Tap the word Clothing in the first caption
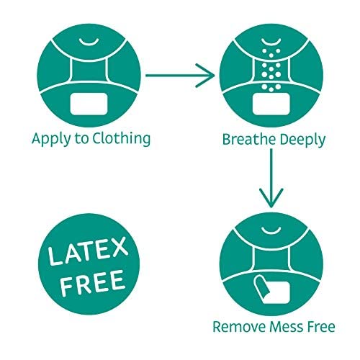click(122, 139)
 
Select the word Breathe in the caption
click(249, 139)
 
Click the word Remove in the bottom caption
click(239, 327)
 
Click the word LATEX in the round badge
click(88, 251)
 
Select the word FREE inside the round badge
click(92, 282)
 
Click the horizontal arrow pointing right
click(180, 76)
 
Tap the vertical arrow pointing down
click(271, 178)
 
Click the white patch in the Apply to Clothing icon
click(89, 104)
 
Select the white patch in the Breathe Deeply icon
click(271, 104)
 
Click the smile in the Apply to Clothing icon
click(89, 42)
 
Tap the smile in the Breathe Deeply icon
click(271, 42)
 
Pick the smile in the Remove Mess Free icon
click(271, 230)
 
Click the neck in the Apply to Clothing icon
click(89, 71)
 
